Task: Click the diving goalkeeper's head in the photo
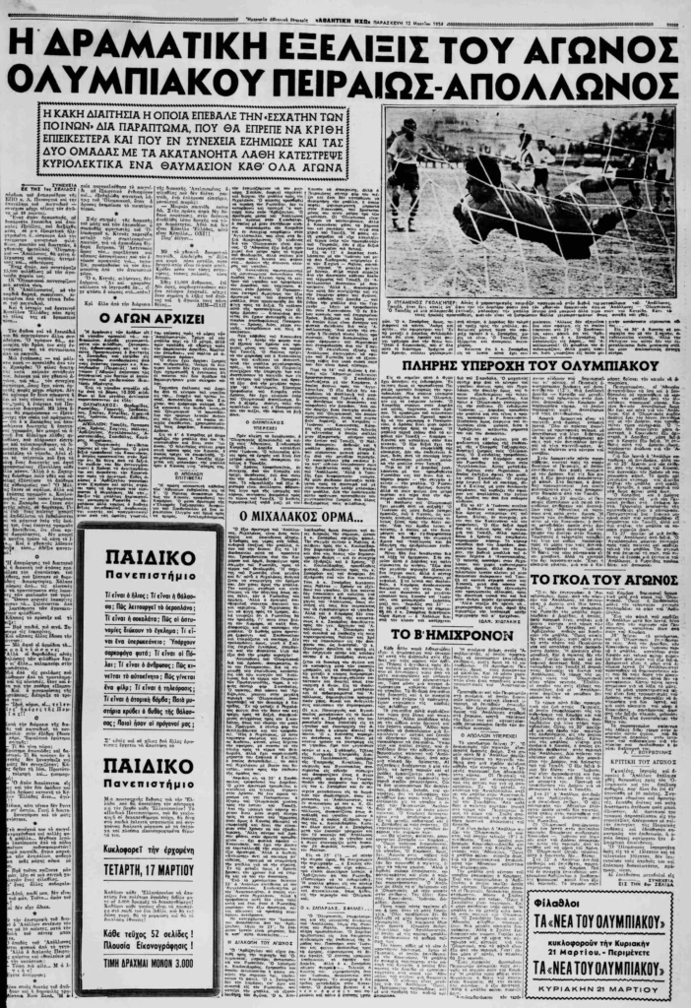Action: pyautogui.click(x=483, y=174)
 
